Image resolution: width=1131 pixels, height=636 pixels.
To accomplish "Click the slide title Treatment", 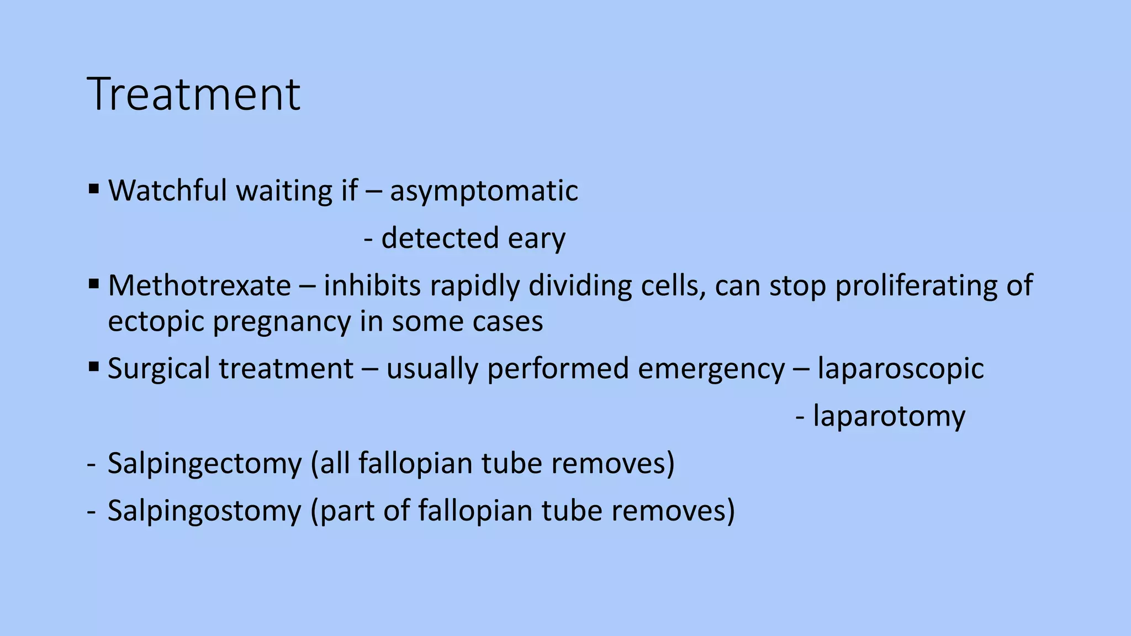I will tap(193, 94).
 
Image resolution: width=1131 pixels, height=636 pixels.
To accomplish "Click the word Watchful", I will tap(167, 191).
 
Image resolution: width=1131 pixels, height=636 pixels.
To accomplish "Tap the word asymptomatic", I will tap(484, 191).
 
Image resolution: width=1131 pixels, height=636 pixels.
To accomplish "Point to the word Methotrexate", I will tap(199, 286).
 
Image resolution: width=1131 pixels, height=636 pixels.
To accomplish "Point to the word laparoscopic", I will tap(900, 368).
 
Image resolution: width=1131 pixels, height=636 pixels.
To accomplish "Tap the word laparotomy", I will tap(889, 416).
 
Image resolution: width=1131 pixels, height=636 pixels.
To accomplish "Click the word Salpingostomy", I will tap(204, 510).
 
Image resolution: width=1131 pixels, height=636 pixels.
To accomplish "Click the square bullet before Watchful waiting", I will tap(93, 190).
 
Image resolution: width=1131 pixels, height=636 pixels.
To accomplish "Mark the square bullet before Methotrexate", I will tap(93, 285).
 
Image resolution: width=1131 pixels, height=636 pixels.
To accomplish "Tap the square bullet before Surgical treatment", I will tap(93, 367).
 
